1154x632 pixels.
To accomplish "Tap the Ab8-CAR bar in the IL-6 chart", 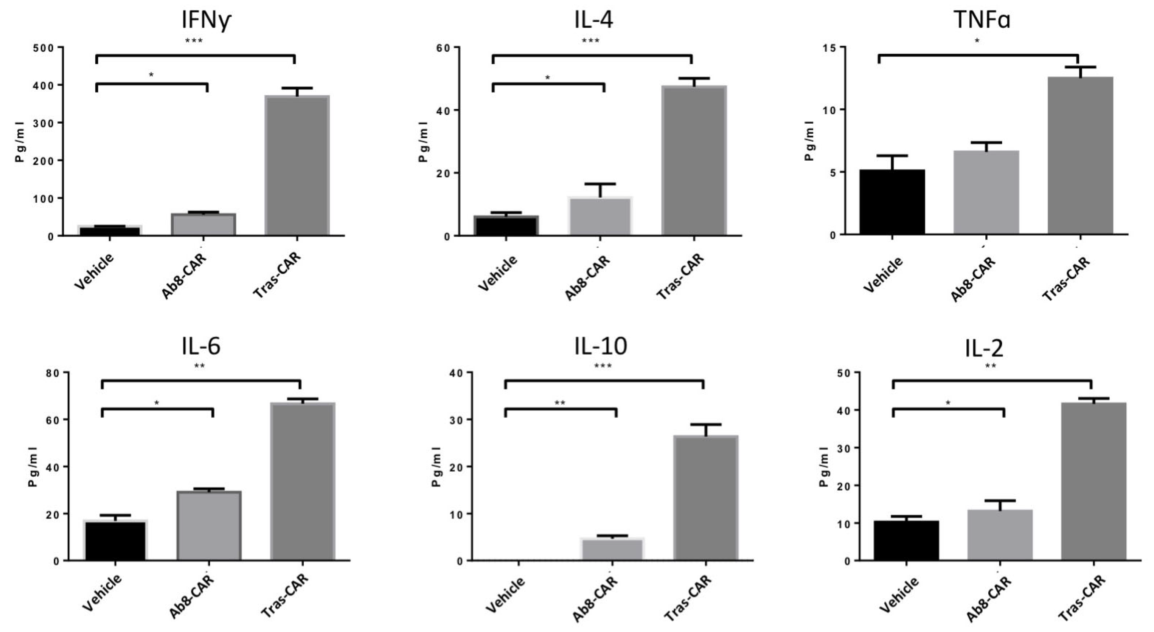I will tap(209, 525).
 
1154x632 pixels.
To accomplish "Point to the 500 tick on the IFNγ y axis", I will tap(43, 48).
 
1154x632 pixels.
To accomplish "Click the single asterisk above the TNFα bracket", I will tap(977, 41).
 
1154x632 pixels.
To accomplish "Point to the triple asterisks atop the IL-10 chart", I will tap(603, 366).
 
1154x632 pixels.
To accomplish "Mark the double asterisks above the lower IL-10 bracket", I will tap(560, 403).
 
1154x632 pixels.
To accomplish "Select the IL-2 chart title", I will tap(984, 349).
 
